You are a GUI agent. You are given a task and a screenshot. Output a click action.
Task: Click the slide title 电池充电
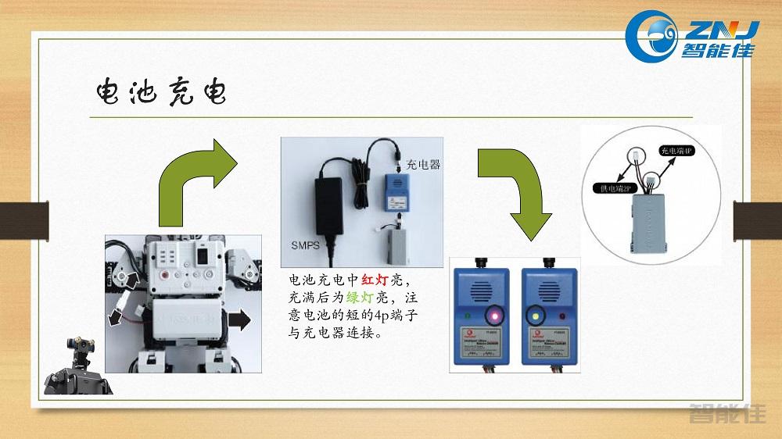(x=160, y=93)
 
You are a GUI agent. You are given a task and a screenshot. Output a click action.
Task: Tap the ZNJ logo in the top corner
(x=694, y=36)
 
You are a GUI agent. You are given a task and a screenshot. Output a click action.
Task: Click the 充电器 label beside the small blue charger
(x=423, y=165)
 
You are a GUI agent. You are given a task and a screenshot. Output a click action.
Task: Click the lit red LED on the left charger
(x=493, y=316)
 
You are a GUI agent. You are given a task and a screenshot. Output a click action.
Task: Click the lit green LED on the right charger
(x=536, y=316)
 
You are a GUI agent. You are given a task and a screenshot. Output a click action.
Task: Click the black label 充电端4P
(x=676, y=150)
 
